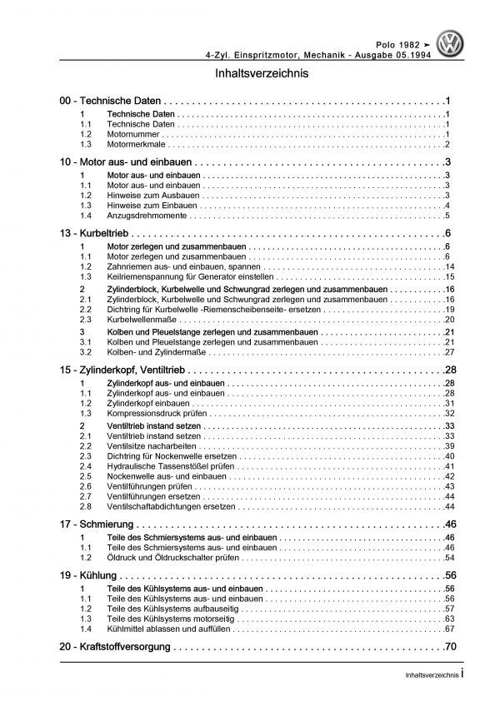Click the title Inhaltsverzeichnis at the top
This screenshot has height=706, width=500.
(250, 72)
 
